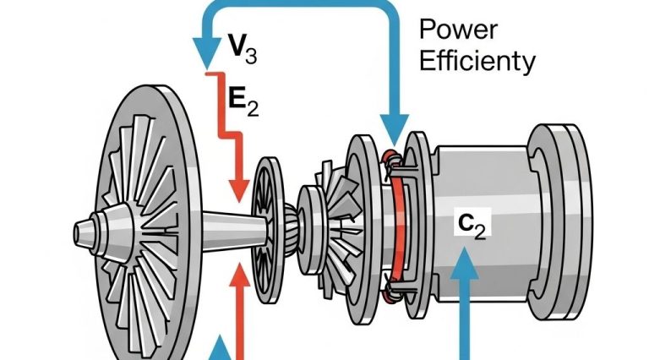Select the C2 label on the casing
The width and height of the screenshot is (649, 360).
(x=468, y=224)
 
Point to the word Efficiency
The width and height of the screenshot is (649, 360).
(x=477, y=61)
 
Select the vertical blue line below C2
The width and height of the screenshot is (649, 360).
(x=464, y=321)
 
